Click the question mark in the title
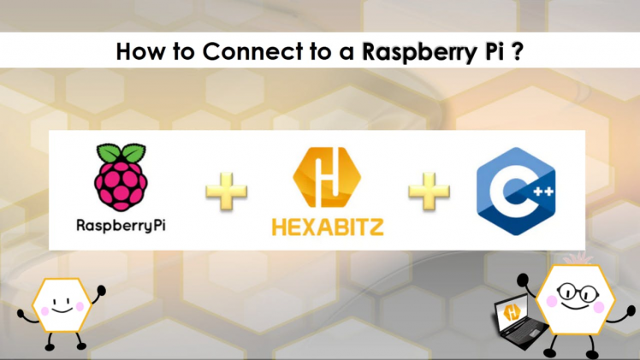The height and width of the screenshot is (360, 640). [x=518, y=51]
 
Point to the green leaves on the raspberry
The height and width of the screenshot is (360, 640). [x=121, y=154]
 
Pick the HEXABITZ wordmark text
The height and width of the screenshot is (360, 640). [x=327, y=227]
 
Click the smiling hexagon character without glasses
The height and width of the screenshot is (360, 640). [x=60, y=304]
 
